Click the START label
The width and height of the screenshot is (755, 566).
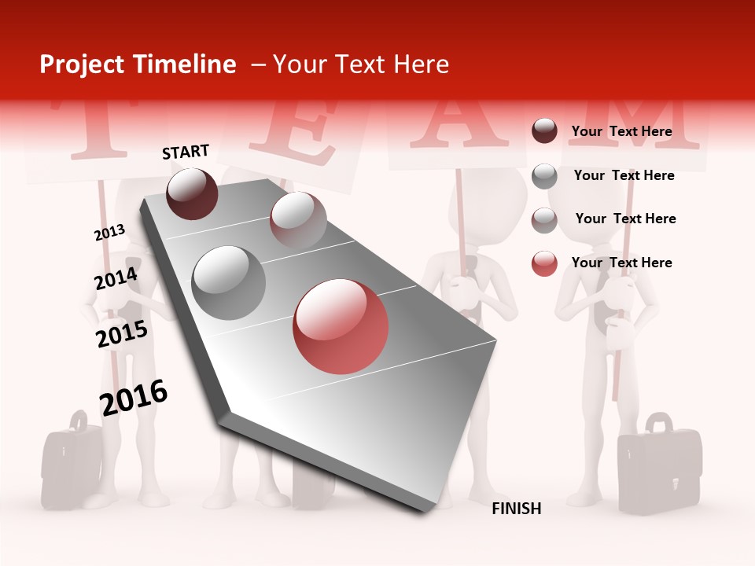click(x=186, y=152)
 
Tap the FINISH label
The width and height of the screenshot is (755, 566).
click(x=516, y=509)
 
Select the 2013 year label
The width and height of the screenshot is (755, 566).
click(x=109, y=233)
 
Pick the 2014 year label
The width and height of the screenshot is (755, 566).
click(x=116, y=278)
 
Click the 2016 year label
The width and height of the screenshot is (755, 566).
click(x=133, y=397)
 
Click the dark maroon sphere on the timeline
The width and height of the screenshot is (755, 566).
click(x=192, y=193)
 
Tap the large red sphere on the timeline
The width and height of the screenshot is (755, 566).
click(x=341, y=326)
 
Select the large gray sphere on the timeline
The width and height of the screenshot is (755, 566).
click(x=228, y=282)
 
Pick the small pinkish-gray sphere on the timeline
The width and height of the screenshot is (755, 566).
click(x=298, y=219)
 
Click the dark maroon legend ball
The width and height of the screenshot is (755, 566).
click(x=544, y=131)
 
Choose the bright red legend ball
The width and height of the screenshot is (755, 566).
click(x=544, y=263)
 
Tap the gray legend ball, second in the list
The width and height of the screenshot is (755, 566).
click(x=544, y=176)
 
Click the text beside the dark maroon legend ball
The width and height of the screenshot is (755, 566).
click(x=621, y=131)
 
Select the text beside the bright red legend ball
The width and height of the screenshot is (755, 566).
click(x=621, y=263)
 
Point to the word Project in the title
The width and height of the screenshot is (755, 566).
click(x=82, y=64)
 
